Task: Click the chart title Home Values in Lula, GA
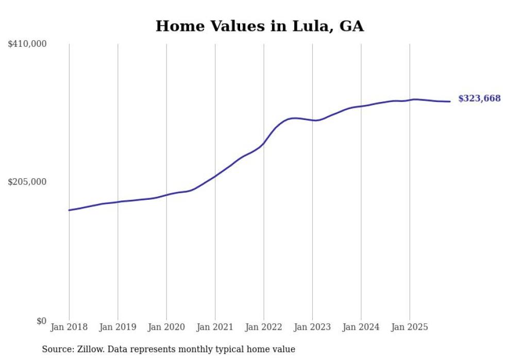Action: pos(260,26)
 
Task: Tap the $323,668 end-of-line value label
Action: pos(479,98)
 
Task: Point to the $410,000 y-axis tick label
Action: pos(27,44)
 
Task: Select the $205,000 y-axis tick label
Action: pos(27,182)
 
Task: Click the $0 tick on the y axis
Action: pos(41,321)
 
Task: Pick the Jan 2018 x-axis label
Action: pos(69,327)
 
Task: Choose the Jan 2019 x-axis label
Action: pos(117,327)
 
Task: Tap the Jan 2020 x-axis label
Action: pos(166,327)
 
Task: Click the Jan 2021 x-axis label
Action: pos(215,327)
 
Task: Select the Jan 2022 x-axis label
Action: pos(264,327)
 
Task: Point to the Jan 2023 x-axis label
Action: pos(312,327)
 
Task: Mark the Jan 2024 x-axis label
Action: pos(361,327)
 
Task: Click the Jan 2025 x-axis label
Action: pos(410,327)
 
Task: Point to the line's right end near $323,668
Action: pos(450,101)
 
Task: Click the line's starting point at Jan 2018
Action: pos(69,210)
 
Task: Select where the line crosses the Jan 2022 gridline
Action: pos(264,143)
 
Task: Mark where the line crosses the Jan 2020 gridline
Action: pos(166,195)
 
